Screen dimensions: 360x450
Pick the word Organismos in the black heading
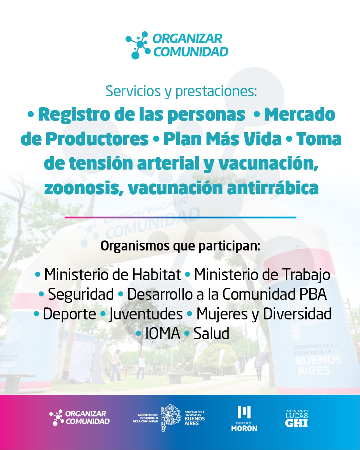[x=135, y=246]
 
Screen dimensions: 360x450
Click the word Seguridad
[x=81, y=294]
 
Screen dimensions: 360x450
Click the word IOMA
[x=163, y=333]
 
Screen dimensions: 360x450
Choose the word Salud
[x=211, y=333]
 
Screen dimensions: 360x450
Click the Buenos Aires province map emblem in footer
[x=171, y=418]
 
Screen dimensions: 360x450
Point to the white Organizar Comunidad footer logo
[x=80, y=418]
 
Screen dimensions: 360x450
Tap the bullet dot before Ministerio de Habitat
[x=38, y=275]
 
